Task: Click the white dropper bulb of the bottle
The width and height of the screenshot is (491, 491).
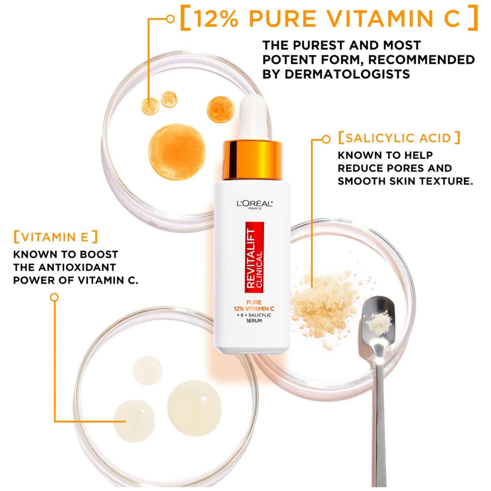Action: (253, 118)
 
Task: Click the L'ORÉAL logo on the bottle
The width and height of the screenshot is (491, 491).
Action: (254, 204)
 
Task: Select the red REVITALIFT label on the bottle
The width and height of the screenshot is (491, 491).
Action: (254, 257)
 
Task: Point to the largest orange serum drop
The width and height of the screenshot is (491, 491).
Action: (177, 152)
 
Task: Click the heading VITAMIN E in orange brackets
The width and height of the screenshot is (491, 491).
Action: (56, 237)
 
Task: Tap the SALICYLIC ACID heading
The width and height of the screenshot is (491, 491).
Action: (399, 138)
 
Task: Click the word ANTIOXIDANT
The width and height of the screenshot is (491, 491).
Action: (77, 268)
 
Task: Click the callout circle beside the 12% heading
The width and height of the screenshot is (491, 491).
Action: (170, 19)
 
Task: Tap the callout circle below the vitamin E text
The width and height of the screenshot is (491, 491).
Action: (55, 297)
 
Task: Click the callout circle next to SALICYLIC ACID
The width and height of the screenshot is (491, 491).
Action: (327, 139)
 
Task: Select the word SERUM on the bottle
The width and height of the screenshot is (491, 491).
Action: (254, 321)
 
